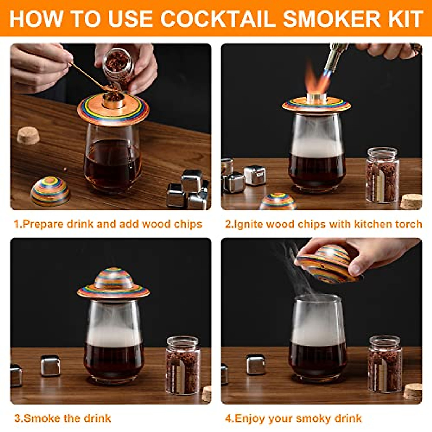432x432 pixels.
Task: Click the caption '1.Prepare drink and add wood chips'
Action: pos(108,224)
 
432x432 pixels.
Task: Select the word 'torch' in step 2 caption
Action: pos(408,224)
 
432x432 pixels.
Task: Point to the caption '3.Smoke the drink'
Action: pos(63,418)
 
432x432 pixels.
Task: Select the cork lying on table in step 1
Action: pos(28,136)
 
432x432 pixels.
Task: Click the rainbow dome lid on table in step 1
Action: pos(50,191)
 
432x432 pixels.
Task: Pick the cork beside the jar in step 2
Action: pos(411,201)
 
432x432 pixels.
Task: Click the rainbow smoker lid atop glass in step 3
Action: pos(113,283)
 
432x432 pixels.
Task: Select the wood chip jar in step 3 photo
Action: pos(183,365)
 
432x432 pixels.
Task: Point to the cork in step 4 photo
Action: pos(413,391)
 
